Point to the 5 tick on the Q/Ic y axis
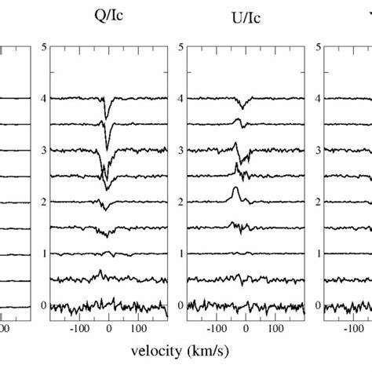(x=42, y=47)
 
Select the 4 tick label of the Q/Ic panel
(x=42, y=99)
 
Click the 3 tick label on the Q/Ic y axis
(x=42, y=151)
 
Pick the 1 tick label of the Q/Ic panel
(x=42, y=254)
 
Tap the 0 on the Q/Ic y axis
(x=42, y=305)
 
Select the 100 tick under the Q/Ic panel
(x=137, y=330)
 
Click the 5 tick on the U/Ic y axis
(x=181, y=47)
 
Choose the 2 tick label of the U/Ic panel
(x=181, y=202)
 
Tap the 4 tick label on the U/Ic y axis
(x=181, y=99)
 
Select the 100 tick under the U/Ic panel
(x=274, y=330)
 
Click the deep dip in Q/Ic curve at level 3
(x=108, y=149)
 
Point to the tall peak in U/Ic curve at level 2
(x=235, y=191)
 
